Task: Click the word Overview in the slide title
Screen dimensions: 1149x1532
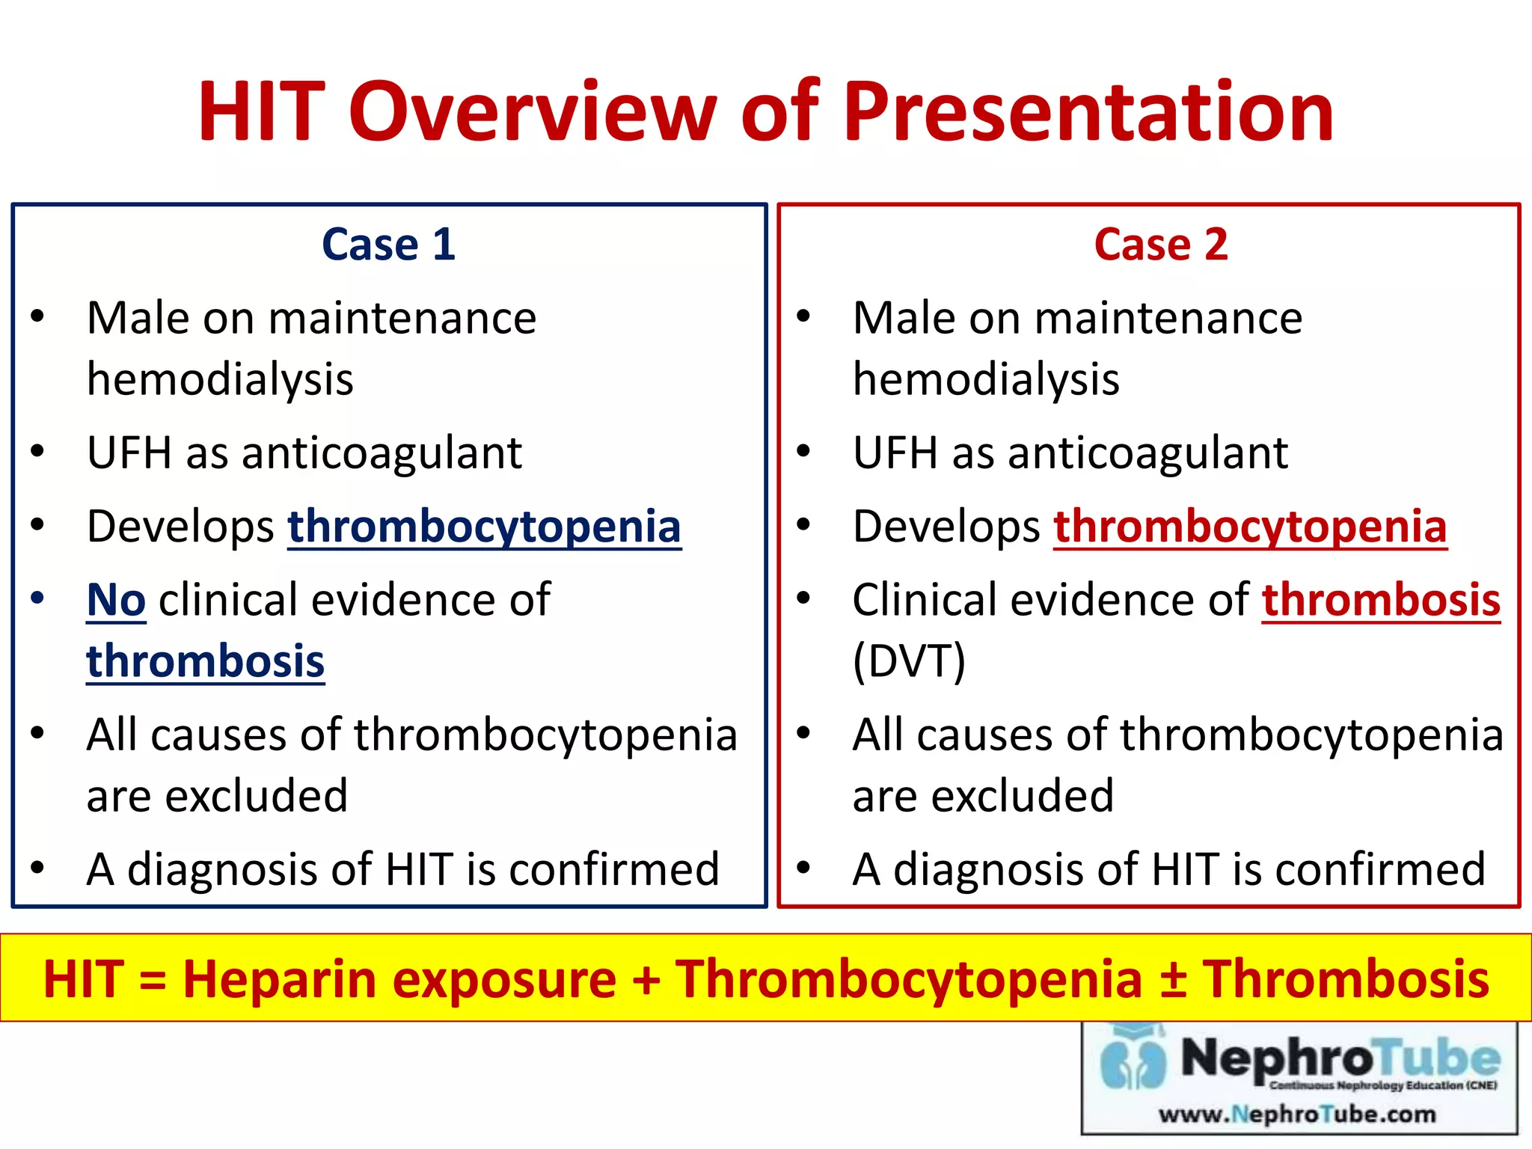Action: click(533, 112)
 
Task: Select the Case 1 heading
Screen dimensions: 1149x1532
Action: click(388, 245)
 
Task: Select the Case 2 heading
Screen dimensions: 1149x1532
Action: click(1161, 245)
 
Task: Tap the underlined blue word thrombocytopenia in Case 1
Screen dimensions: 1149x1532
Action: click(484, 526)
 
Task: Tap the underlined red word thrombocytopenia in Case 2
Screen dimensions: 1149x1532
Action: click(1250, 526)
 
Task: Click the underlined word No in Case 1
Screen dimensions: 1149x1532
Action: click(116, 600)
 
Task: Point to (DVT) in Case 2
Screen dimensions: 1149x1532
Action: click(909, 661)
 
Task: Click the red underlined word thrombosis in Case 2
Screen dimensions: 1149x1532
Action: click(1381, 600)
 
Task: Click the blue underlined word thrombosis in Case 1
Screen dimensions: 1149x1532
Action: click(205, 661)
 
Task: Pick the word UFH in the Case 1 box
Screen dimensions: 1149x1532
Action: click(129, 453)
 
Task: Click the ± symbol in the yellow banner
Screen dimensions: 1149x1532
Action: click(1172, 979)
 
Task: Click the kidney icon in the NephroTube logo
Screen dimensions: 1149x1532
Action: click(1133, 1062)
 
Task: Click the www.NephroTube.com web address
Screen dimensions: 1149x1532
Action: click(1297, 1114)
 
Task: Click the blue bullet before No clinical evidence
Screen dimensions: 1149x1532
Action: click(37, 598)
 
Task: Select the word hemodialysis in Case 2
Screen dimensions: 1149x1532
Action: click(986, 379)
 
